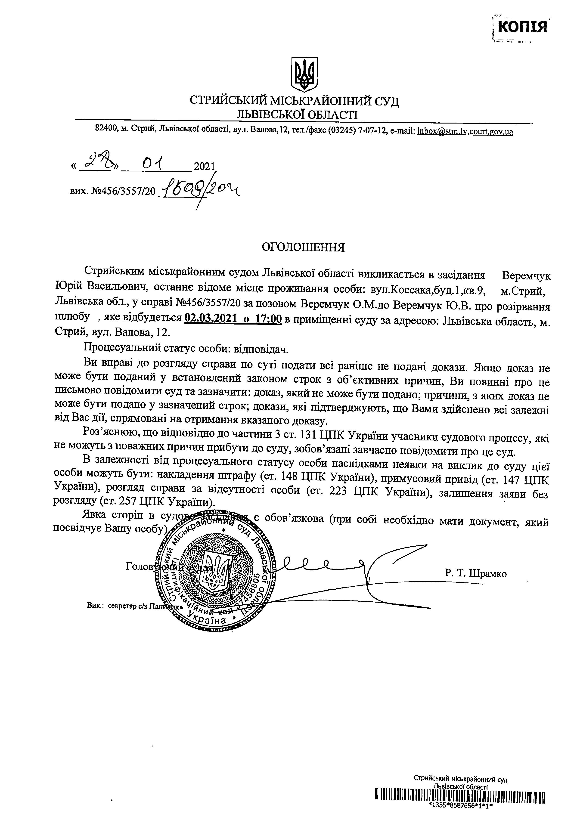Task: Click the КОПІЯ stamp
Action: click(x=522, y=27)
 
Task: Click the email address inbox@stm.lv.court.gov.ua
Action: click(x=465, y=131)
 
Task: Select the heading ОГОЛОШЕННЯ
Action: click(x=303, y=248)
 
